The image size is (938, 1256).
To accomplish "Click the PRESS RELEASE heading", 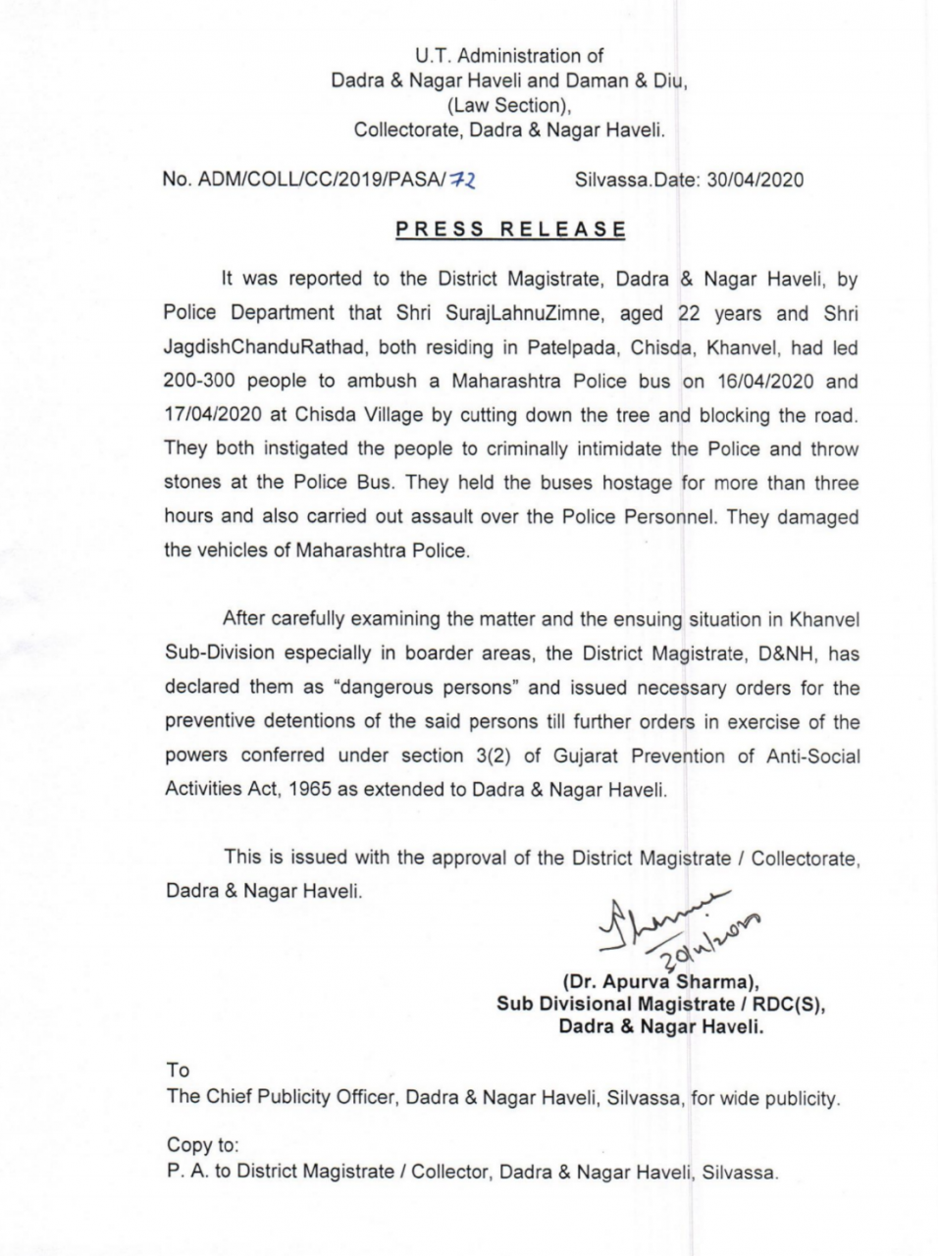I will pos(510,231).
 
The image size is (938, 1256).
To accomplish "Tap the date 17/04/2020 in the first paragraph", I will pos(211,415).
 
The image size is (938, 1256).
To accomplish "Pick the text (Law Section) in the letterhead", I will pos(509,105).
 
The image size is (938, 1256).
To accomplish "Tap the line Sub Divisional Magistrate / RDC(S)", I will pos(659,1004).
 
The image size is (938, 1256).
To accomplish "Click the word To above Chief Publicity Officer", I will pos(178,1071).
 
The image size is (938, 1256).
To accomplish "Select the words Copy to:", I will pos(202,1145).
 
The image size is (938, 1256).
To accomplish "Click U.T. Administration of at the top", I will pos(509,56).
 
